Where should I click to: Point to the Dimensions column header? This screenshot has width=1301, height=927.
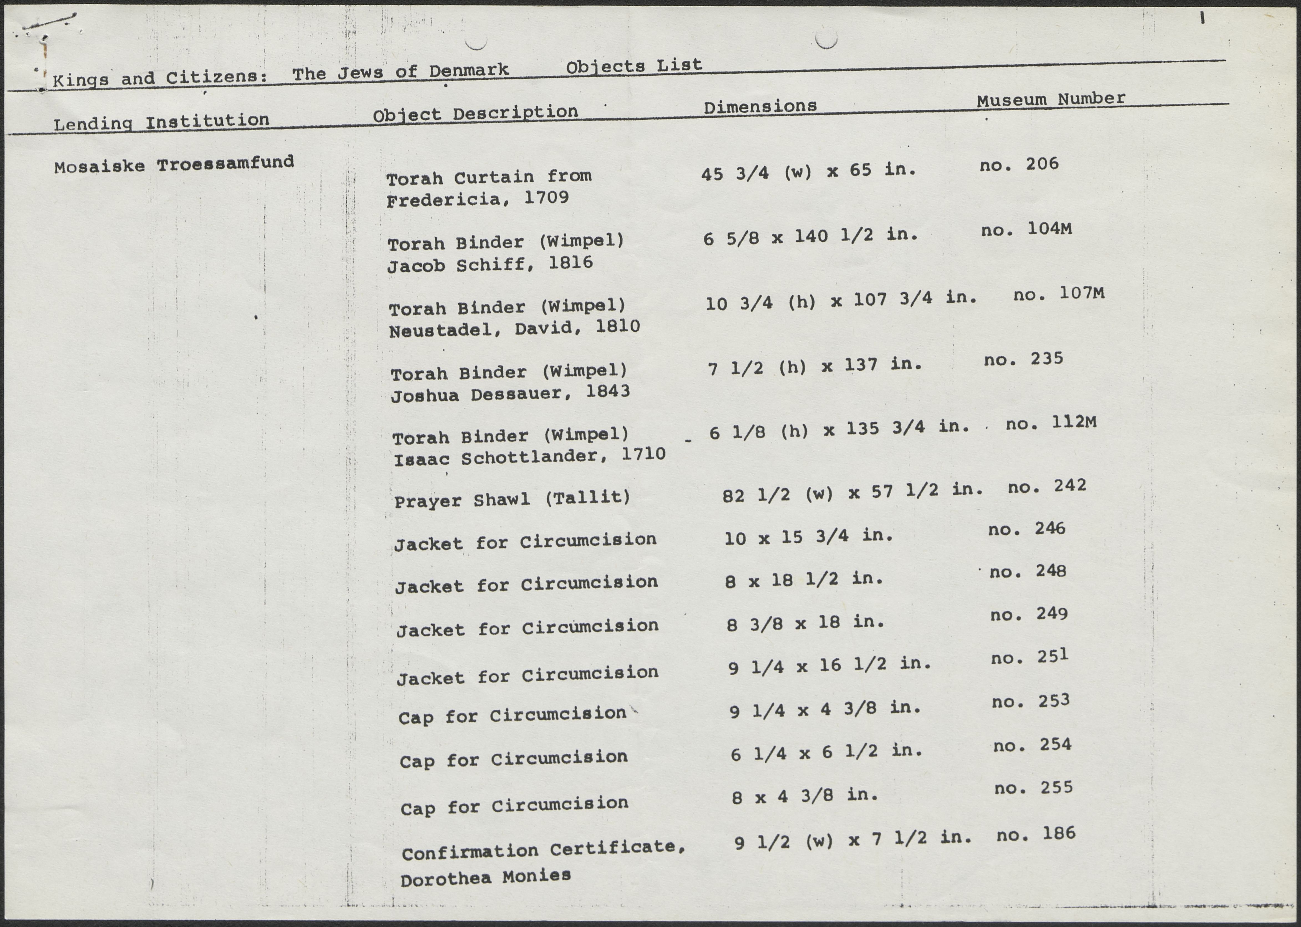(x=760, y=106)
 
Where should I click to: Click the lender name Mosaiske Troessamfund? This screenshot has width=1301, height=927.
(x=174, y=164)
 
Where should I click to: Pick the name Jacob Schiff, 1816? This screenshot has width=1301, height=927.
(x=490, y=264)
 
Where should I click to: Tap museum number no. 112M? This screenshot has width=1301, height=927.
(x=1051, y=423)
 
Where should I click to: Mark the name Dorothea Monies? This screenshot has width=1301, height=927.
(x=485, y=877)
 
